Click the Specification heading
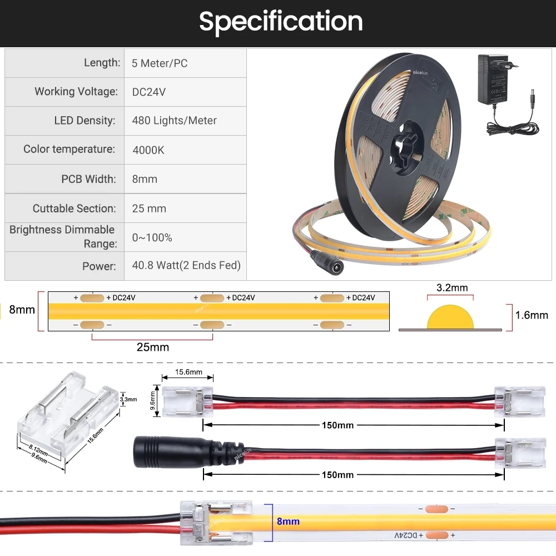pos(281,22)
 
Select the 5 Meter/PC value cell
pos(160,63)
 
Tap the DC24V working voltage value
pos(148,92)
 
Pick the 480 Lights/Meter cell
pos(174,121)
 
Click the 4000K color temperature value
pos(148,150)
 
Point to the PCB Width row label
pos(88,179)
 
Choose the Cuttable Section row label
pos(75,209)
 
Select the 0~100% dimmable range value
pos(152,238)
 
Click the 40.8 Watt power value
pos(186,266)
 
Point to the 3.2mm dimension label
pos(452,288)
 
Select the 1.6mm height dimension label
pos(532,315)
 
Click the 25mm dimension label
pos(152,348)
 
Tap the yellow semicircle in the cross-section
pos(450,319)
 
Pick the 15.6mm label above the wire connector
pos(188,372)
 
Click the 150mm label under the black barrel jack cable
pos(337,475)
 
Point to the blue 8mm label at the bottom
pos(288,522)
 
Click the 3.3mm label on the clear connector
pos(128,399)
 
